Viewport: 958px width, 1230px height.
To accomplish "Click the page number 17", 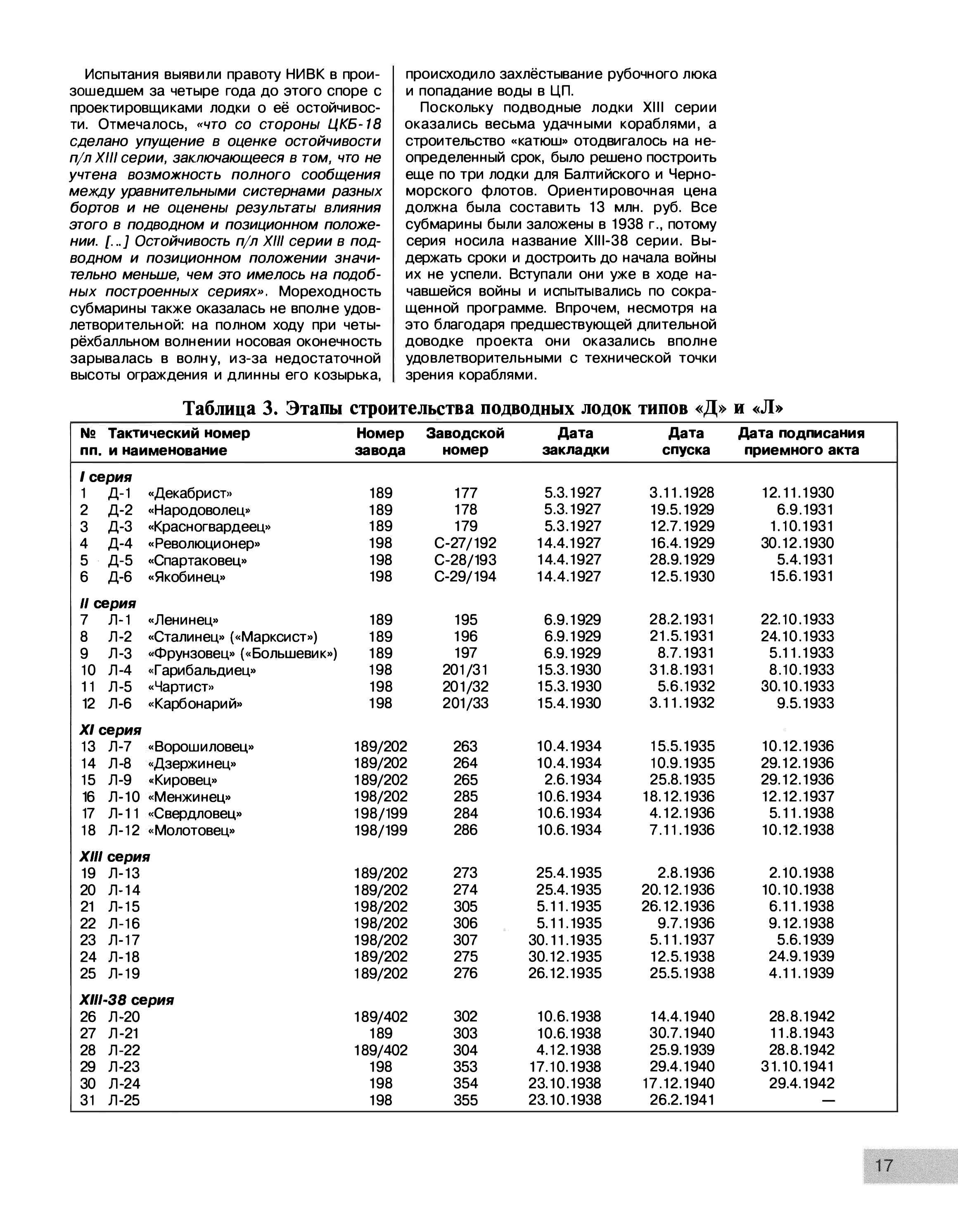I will tap(884, 1165).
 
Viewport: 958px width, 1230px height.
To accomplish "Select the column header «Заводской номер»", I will tap(465, 442).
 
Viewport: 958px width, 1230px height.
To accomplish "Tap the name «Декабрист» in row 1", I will tap(190, 493).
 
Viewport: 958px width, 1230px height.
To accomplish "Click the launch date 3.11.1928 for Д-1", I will tap(681, 493).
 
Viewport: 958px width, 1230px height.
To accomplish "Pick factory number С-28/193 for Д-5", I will tap(465, 560).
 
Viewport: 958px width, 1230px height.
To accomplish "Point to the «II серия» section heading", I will tap(108, 603).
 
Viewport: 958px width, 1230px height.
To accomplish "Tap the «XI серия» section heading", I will tap(110, 730).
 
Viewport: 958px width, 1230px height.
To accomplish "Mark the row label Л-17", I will tap(123, 940).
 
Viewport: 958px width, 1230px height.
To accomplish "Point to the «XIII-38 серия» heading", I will tap(127, 1000).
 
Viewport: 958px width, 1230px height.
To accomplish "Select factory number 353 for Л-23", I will tap(465, 1067).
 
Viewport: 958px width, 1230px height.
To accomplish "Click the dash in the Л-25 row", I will tap(828, 1100).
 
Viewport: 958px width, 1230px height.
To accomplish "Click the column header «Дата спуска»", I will tap(686, 442).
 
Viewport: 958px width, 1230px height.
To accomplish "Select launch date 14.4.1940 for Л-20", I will tap(682, 1017).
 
